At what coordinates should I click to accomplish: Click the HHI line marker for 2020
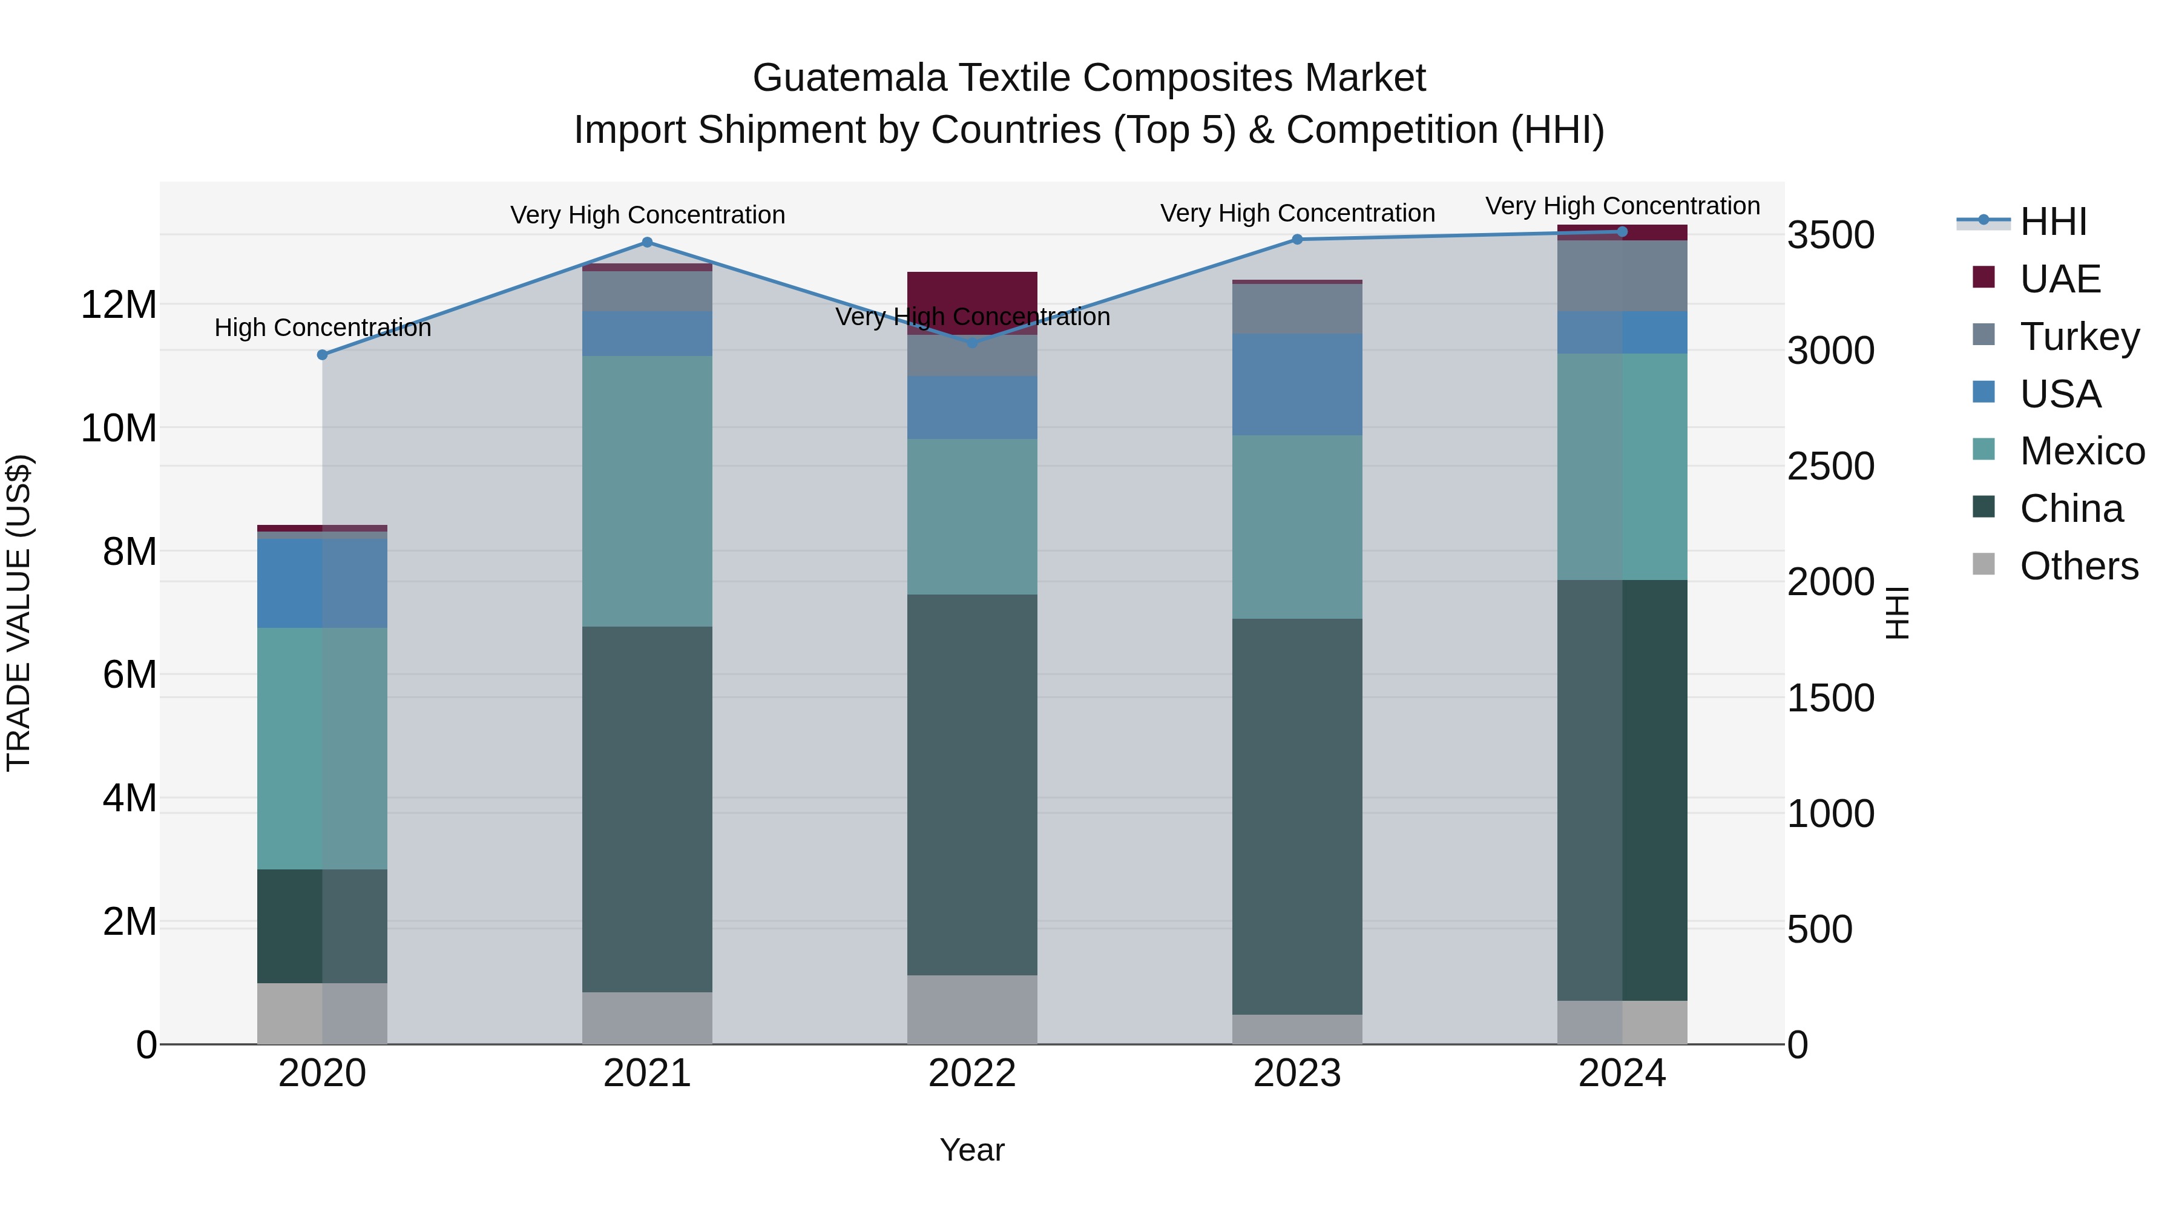click(x=322, y=355)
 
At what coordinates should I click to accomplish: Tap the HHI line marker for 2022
click(x=972, y=342)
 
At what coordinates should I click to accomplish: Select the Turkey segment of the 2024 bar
click(x=1622, y=276)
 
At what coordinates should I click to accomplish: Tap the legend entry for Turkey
click(x=2079, y=336)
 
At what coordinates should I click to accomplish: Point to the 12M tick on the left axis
click(x=119, y=305)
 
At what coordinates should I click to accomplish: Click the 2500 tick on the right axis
click(x=1830, y=466)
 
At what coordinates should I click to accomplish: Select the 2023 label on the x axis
click(x=1297, y=1073)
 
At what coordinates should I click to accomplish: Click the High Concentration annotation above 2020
click(x=322, y=328)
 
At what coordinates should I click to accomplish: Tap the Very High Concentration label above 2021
click(x=647, y=215)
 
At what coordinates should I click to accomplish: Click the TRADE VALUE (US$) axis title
click(x=19, y=613)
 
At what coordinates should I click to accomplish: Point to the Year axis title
click(x=972, y=1150)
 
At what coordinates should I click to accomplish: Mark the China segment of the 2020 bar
click(x=322, y=926)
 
